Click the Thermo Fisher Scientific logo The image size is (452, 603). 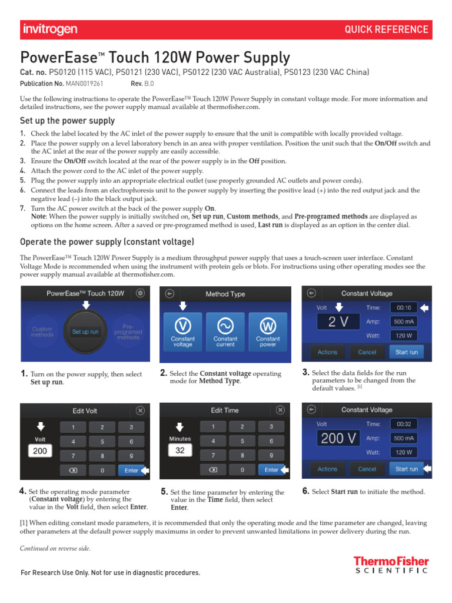click(x=391, y=565)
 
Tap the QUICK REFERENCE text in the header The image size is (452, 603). click(x=386, y=29)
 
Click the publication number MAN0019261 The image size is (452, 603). click(x=84, y=84)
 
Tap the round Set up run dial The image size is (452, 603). click(x=85, y=332)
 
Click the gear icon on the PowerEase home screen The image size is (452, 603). click(x=139, y=293)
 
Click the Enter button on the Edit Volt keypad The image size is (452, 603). click(x=131, y=471)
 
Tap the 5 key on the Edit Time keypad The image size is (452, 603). click(x=242, y=441)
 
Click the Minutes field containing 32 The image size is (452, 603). click(x=180, y=450)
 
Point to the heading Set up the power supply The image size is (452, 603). click(x=68, y=121)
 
